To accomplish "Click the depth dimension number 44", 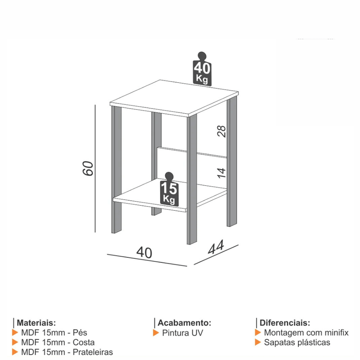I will coord(216,248).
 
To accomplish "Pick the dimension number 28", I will coord(221,131).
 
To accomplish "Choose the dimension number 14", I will coord(221,172).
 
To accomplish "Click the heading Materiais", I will coord(36,323).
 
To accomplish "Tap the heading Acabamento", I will coord(184,323).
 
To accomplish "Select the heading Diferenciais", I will coord(284,323).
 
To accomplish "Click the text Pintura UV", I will coord(183,333).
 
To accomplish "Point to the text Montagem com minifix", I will coord(306,333).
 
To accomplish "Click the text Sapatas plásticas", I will coord(297,342).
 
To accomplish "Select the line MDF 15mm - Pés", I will coord(54,333).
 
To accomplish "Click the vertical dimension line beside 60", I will coord(95,168).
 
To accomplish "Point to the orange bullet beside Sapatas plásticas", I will coord(258,342).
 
